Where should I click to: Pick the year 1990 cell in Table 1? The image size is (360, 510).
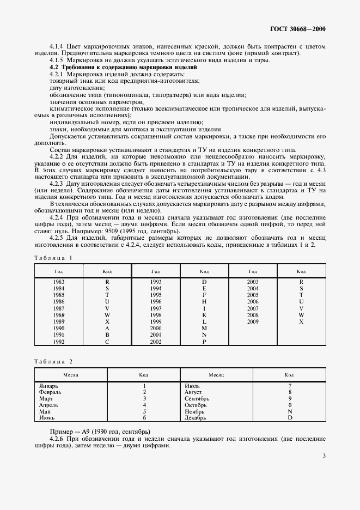59,329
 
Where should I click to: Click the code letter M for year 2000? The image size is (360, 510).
204,329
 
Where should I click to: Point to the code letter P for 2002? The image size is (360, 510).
204,342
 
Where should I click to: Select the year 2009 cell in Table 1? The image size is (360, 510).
253,322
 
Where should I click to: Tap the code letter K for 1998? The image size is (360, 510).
204,315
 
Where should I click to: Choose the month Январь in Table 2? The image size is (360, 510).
49,386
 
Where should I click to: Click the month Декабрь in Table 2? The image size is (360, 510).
196,418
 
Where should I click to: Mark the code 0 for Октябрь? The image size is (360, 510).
290,405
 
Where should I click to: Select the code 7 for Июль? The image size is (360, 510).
290,386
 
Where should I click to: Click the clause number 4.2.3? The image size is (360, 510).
58,184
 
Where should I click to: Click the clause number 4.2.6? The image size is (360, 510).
58,439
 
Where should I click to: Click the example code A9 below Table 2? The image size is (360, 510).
82,432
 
